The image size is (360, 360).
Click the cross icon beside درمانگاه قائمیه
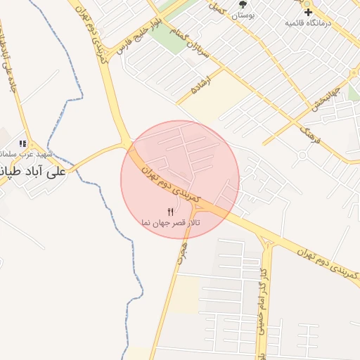(307, 12)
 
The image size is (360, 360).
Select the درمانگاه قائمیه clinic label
(307, 23)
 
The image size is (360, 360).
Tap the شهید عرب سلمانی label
(18, 153)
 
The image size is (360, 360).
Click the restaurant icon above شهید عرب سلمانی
(22, 143)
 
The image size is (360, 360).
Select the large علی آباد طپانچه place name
(32, 171)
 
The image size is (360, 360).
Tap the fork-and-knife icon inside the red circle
(170, 212)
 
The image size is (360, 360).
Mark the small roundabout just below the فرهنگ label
(303, 154)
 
